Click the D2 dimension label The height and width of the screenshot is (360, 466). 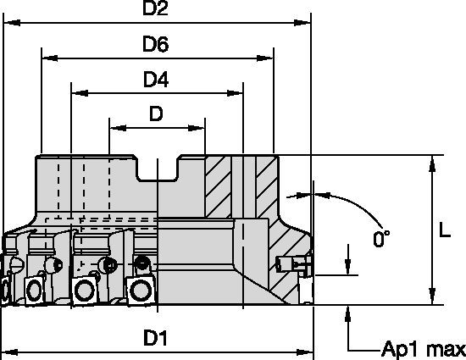(156, 10)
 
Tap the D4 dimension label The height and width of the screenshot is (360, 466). (156, 80)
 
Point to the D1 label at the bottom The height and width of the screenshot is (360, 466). (154, 338)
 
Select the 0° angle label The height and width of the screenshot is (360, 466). (382, 240)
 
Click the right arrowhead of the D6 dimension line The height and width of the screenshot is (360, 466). (267, 58)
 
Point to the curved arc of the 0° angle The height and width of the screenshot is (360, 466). (347, 203)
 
